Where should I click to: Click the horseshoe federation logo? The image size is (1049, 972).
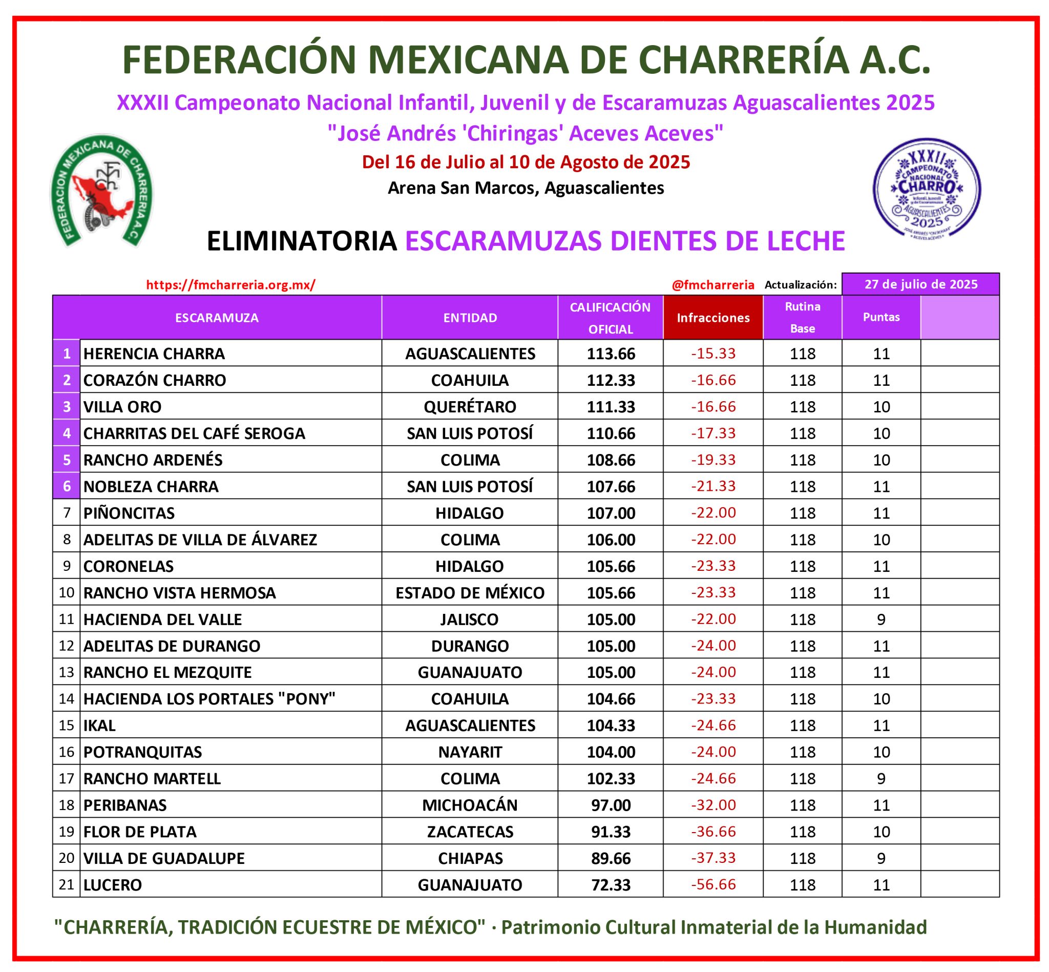point(101,191)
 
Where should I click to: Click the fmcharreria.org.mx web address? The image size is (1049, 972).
point(231,285)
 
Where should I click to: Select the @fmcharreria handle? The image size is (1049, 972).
point(712,285)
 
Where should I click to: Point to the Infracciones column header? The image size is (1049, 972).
point(712,318)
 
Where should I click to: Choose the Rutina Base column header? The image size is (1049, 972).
point(803,317)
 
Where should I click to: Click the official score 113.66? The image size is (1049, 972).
point(611,354)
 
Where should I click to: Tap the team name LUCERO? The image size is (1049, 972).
point(113,885)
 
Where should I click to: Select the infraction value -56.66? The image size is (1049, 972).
point(713,884)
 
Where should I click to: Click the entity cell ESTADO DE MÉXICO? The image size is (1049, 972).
point(470,593)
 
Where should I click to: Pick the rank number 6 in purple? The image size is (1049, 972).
point(67,486)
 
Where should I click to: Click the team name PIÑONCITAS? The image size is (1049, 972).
point(129,513)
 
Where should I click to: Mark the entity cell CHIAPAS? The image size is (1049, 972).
point(470,858)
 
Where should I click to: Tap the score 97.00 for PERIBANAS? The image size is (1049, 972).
point(611,805)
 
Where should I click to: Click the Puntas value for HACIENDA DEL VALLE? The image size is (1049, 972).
point(882,619)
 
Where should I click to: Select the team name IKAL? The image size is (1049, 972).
point(99,726)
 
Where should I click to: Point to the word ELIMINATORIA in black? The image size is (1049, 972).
point(302,241)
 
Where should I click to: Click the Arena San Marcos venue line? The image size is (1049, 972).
point(526,188)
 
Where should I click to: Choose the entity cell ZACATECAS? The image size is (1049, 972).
point(470,832)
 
